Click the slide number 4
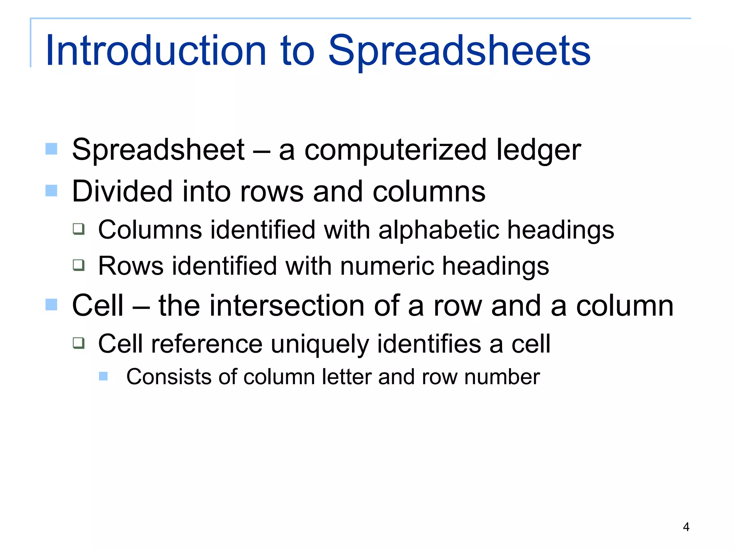686,527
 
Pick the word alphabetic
439,230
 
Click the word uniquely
319,344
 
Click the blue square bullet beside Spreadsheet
52,149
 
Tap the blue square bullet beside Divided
52,190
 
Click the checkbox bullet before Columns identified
78,229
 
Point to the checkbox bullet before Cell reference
78,343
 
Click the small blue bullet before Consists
103,376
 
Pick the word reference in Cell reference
207,344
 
